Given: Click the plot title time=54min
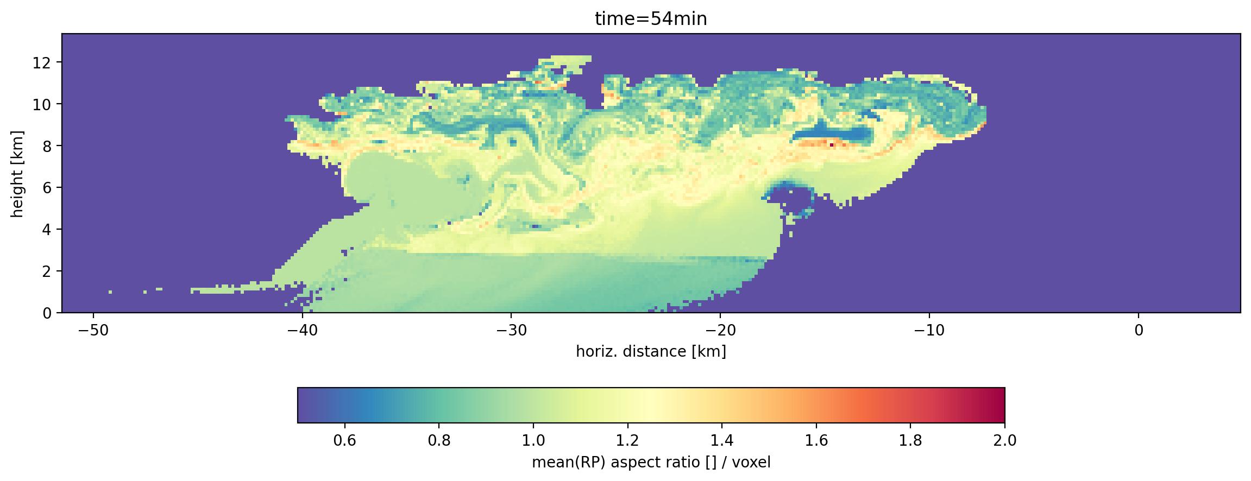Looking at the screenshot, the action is pyautogui.click(x=651, y=20).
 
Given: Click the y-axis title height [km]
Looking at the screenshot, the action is pyautogui.click(x=18, y=173).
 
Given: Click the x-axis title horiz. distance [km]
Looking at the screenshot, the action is pyautogui.click(x=651, y=352).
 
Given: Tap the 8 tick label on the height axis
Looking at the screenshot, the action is pyautogui.click(x=47, y=146).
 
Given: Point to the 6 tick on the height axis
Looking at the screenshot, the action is pyautogui.click(x=47, y=188).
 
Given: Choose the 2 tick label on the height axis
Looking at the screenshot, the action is pyautogui.click(x=47, y=271).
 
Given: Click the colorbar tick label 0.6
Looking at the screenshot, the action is pyautogui.click(x=344, y=440).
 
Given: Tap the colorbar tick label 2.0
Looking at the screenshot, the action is pyautogui.click(x=1005, y=440).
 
